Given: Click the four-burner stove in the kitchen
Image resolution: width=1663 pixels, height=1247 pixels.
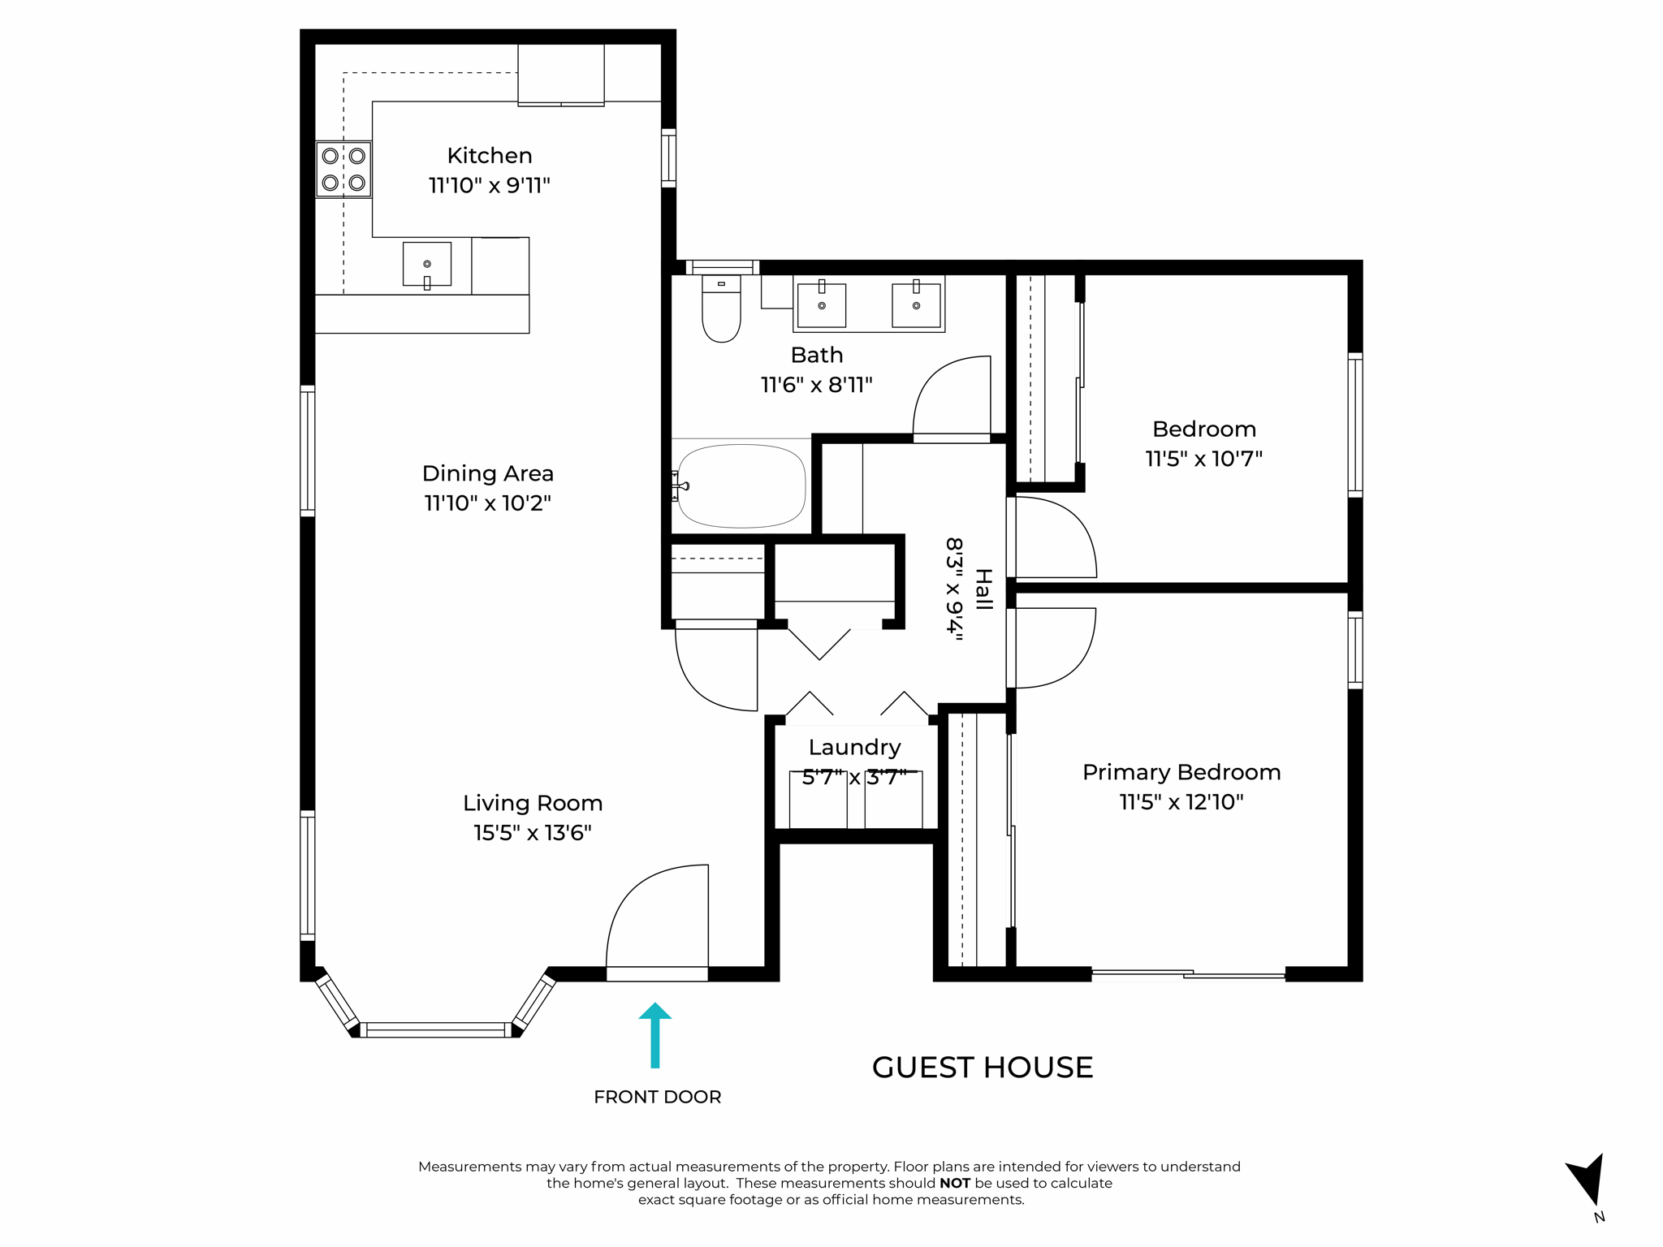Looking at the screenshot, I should coord(343,169).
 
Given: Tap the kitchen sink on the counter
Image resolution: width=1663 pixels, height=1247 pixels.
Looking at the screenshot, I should coord(427,264).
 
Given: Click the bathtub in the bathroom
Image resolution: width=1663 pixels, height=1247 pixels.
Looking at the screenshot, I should coord(741,485).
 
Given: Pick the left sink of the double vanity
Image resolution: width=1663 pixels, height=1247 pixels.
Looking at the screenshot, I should coord(821,304).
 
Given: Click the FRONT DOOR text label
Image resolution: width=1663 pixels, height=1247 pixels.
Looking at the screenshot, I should coord(657,1097).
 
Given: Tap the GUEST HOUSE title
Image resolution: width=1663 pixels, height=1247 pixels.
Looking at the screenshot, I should coord(982,1068).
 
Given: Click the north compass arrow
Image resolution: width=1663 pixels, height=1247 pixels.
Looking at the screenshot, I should coord(1587,1181).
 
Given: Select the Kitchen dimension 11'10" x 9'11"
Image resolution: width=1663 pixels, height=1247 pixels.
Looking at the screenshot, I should coord(489,186).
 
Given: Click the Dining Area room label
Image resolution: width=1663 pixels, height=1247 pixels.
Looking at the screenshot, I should coord(487,473).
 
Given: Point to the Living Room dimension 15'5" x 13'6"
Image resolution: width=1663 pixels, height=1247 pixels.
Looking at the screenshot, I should coord(532,833).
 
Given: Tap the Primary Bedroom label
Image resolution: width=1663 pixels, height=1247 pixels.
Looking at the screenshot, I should coord(1181,772).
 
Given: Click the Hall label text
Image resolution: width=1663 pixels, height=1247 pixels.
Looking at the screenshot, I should coord(983,589).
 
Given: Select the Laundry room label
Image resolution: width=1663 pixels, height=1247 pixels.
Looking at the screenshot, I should coord(854,747).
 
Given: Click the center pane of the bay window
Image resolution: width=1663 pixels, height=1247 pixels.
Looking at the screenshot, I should coord(436,1030).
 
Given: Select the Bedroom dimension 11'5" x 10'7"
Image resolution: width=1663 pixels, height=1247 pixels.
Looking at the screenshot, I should coord(1203,459).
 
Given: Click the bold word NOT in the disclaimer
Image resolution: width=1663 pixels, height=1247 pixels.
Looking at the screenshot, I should coord(954,1183).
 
